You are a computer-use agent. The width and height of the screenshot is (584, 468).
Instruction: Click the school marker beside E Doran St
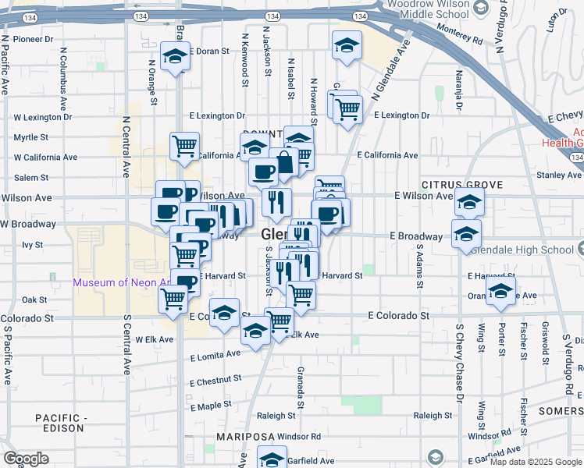[175, 56]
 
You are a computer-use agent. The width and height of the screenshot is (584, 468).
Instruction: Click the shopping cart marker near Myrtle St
[184, 145]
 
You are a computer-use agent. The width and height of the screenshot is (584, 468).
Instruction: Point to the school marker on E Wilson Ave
[469, 203]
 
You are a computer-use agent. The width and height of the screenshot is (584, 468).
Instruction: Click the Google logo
[26, 459]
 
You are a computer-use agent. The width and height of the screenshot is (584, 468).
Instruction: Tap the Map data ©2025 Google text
[536, 462]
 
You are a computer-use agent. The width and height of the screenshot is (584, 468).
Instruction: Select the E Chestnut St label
[215, 380]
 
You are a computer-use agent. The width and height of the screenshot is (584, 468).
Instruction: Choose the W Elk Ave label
[151, 339]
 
